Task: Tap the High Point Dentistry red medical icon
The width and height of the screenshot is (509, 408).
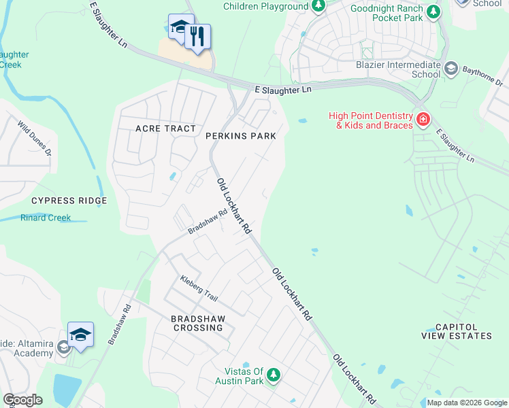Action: coord(423,120)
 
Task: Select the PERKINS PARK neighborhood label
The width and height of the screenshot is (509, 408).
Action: coord(241,136)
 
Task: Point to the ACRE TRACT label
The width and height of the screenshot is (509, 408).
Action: coord(165,129)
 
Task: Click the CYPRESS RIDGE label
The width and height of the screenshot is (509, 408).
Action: coord(69,201)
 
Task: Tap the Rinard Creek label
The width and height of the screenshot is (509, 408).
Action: coord(45,218)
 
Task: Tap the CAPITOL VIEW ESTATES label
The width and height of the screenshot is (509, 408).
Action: coord(463,331)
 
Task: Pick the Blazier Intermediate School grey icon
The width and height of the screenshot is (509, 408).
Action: coord(450,68)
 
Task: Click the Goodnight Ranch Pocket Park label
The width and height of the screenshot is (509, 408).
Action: coord(387,13)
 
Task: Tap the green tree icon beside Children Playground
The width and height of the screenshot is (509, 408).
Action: coord(318,6)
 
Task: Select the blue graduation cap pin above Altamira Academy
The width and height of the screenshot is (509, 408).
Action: coord(80,335)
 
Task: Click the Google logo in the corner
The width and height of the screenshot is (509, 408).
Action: coord(22,400)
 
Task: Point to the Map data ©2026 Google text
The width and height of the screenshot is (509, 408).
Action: coord(466,403)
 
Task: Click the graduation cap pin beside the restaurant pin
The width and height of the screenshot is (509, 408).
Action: coord(180,27)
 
